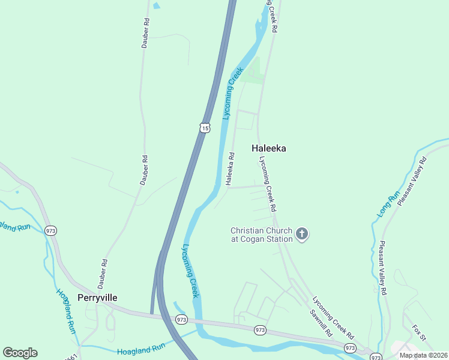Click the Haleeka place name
[x=268, y=148]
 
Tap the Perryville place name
[x=97, y=298]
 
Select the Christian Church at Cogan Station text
[x=262, y=235]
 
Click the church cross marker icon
[x=302, y=234]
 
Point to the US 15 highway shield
[x=205, y=128]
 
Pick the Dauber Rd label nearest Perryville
[x=104, y=271]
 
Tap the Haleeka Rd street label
[x=230, y=169]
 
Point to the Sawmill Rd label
[x=320, y=323]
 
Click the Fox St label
[x=418, y=334]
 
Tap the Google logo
[x=20, y=353]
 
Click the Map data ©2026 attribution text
[x=423, y=355]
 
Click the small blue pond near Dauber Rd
[x=157, y=5]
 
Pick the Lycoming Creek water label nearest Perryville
[x=190, y=271]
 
